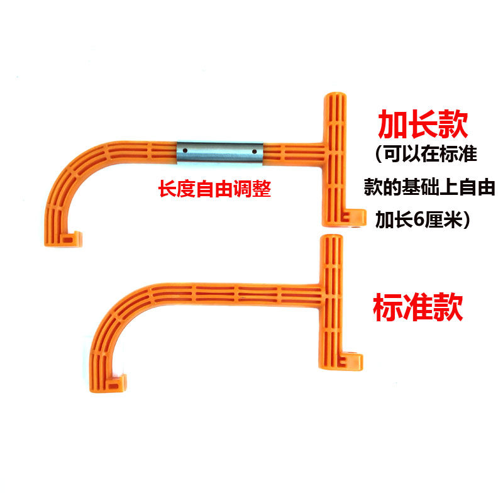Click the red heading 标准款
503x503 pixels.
point(418,308)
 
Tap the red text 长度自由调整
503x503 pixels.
point(214,189)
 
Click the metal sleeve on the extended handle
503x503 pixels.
point(219,152)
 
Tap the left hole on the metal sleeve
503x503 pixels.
point(187,151)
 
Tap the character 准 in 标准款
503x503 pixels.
point(418,308)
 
